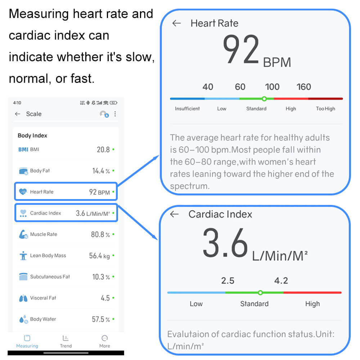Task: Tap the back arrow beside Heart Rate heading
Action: click(176, 23)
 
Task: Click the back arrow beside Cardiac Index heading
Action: click(174, 214)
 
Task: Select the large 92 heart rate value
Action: click(241, 50)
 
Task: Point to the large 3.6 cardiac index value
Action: click(225, 243)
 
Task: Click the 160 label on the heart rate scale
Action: click(303, 87)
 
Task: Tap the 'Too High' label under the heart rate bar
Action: click(325, 108)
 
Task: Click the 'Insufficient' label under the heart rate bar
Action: click(187, 108)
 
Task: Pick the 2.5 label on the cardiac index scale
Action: click(228, 280)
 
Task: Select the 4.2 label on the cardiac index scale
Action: click(281, 280)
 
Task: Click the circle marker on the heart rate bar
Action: click(264, 98)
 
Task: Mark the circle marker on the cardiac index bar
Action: click(260, 293)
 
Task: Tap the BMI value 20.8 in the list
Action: click(103, 149)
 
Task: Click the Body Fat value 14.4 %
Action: click(101, 171)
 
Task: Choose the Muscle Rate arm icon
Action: click(23, 234)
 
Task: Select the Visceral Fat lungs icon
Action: click(23, 298)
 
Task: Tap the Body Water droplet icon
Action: click(23, 319)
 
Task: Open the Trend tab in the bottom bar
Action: click(66, 341)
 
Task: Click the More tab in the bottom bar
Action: click(104, 341)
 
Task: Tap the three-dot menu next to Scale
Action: click(115, 114)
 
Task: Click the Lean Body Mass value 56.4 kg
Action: click(99, 256)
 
